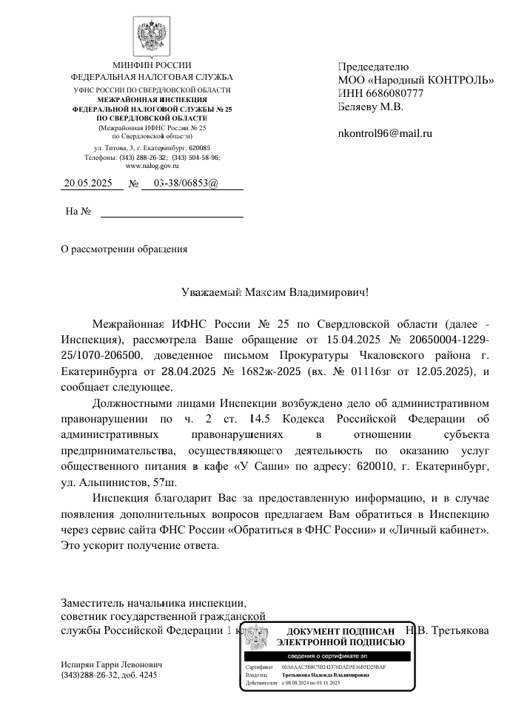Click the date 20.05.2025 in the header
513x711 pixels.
[x=87, y=183]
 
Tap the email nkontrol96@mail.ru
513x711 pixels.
[x=384, y=133]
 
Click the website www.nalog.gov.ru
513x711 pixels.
[x=152, y=167]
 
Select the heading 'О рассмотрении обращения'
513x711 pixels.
[x=124, y=249]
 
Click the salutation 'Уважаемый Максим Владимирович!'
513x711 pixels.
[x=275, y=292]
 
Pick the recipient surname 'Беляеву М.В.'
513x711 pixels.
[x=371, y=107]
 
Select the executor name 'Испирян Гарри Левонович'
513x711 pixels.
[x=111, y=665]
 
